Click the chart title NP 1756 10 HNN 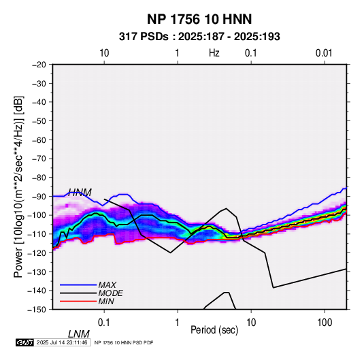[x=199, y=19]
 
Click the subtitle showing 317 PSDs [x=199, y=37]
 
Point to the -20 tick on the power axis [x=39, y=65]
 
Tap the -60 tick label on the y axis [x=39, y=140]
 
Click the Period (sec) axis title [x=214, y=330]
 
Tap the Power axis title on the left [x=18, y=186]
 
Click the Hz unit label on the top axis [x=214, y=53]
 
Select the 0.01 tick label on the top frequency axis [x=324, y=53]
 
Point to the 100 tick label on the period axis [x=325, y=323]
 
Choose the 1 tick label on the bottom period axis [x=178, y=323]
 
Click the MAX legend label [x=107, y=285]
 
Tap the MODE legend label [x=110, y=293]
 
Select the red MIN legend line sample [x=78, y=301]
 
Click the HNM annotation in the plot [x=80, y=193]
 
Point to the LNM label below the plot [x=79, y=334]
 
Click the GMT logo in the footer [x=25, y=342]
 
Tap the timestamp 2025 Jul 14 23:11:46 [x=62, y=342]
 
